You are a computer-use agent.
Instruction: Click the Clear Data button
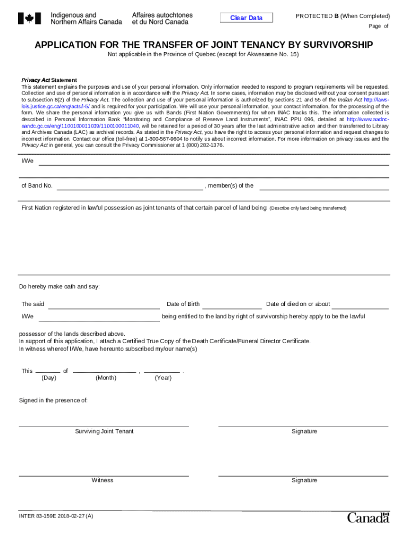click(x=246, y=18)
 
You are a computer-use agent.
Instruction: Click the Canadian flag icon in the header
click(x=29, y=19)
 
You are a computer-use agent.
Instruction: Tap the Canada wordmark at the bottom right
click(x=368, y=517)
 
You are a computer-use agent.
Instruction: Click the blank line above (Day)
click(x=48, y=371)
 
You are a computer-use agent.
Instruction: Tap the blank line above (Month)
click(x=105, y=371)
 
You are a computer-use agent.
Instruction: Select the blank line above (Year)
click(x=162, y=371)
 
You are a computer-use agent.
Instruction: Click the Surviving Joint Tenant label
click(x=104, y=431)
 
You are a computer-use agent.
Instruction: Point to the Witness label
click(x=102, y=480)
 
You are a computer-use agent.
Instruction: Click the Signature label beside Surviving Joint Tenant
click(x=304, y=431)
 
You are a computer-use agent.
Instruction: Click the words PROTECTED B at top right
click(x=317, y=16)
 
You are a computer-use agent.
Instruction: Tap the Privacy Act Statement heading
click(x=49, y=80)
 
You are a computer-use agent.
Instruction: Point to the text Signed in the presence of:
click(x=53, y=401)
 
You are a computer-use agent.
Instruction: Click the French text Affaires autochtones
click(x=162, y=15)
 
